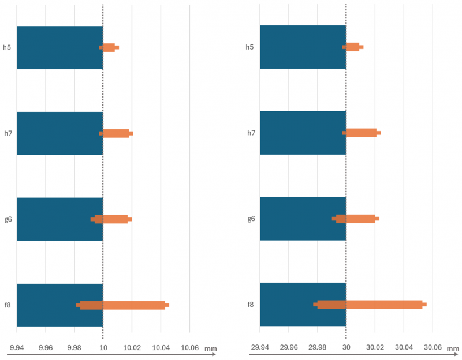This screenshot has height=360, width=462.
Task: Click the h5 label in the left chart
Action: point(8,47)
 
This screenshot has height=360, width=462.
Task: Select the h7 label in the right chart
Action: point(251,133)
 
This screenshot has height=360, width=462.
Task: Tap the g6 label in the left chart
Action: point(8,219)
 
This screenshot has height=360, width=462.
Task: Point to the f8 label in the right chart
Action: point(251,305)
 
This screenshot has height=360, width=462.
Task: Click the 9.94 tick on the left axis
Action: point(17,348)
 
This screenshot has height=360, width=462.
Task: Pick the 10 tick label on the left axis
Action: point(103,348)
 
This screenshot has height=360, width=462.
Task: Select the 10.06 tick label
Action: point(189,348)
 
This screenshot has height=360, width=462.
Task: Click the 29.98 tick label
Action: point(317,347)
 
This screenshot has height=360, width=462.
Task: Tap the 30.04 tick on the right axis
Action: point(404,347)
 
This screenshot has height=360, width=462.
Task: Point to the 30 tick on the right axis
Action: point(346,347)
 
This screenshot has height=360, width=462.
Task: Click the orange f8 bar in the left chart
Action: point(133,305)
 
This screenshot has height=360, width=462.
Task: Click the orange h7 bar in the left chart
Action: point(116,133)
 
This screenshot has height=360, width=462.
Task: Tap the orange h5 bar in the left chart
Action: point(109,47)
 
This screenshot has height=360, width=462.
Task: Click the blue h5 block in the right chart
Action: point(303,47)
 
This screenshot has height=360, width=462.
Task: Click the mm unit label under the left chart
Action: point(210,348)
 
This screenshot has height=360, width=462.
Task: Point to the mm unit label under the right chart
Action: point(453,348)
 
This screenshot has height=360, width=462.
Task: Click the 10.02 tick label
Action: point(132,348)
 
